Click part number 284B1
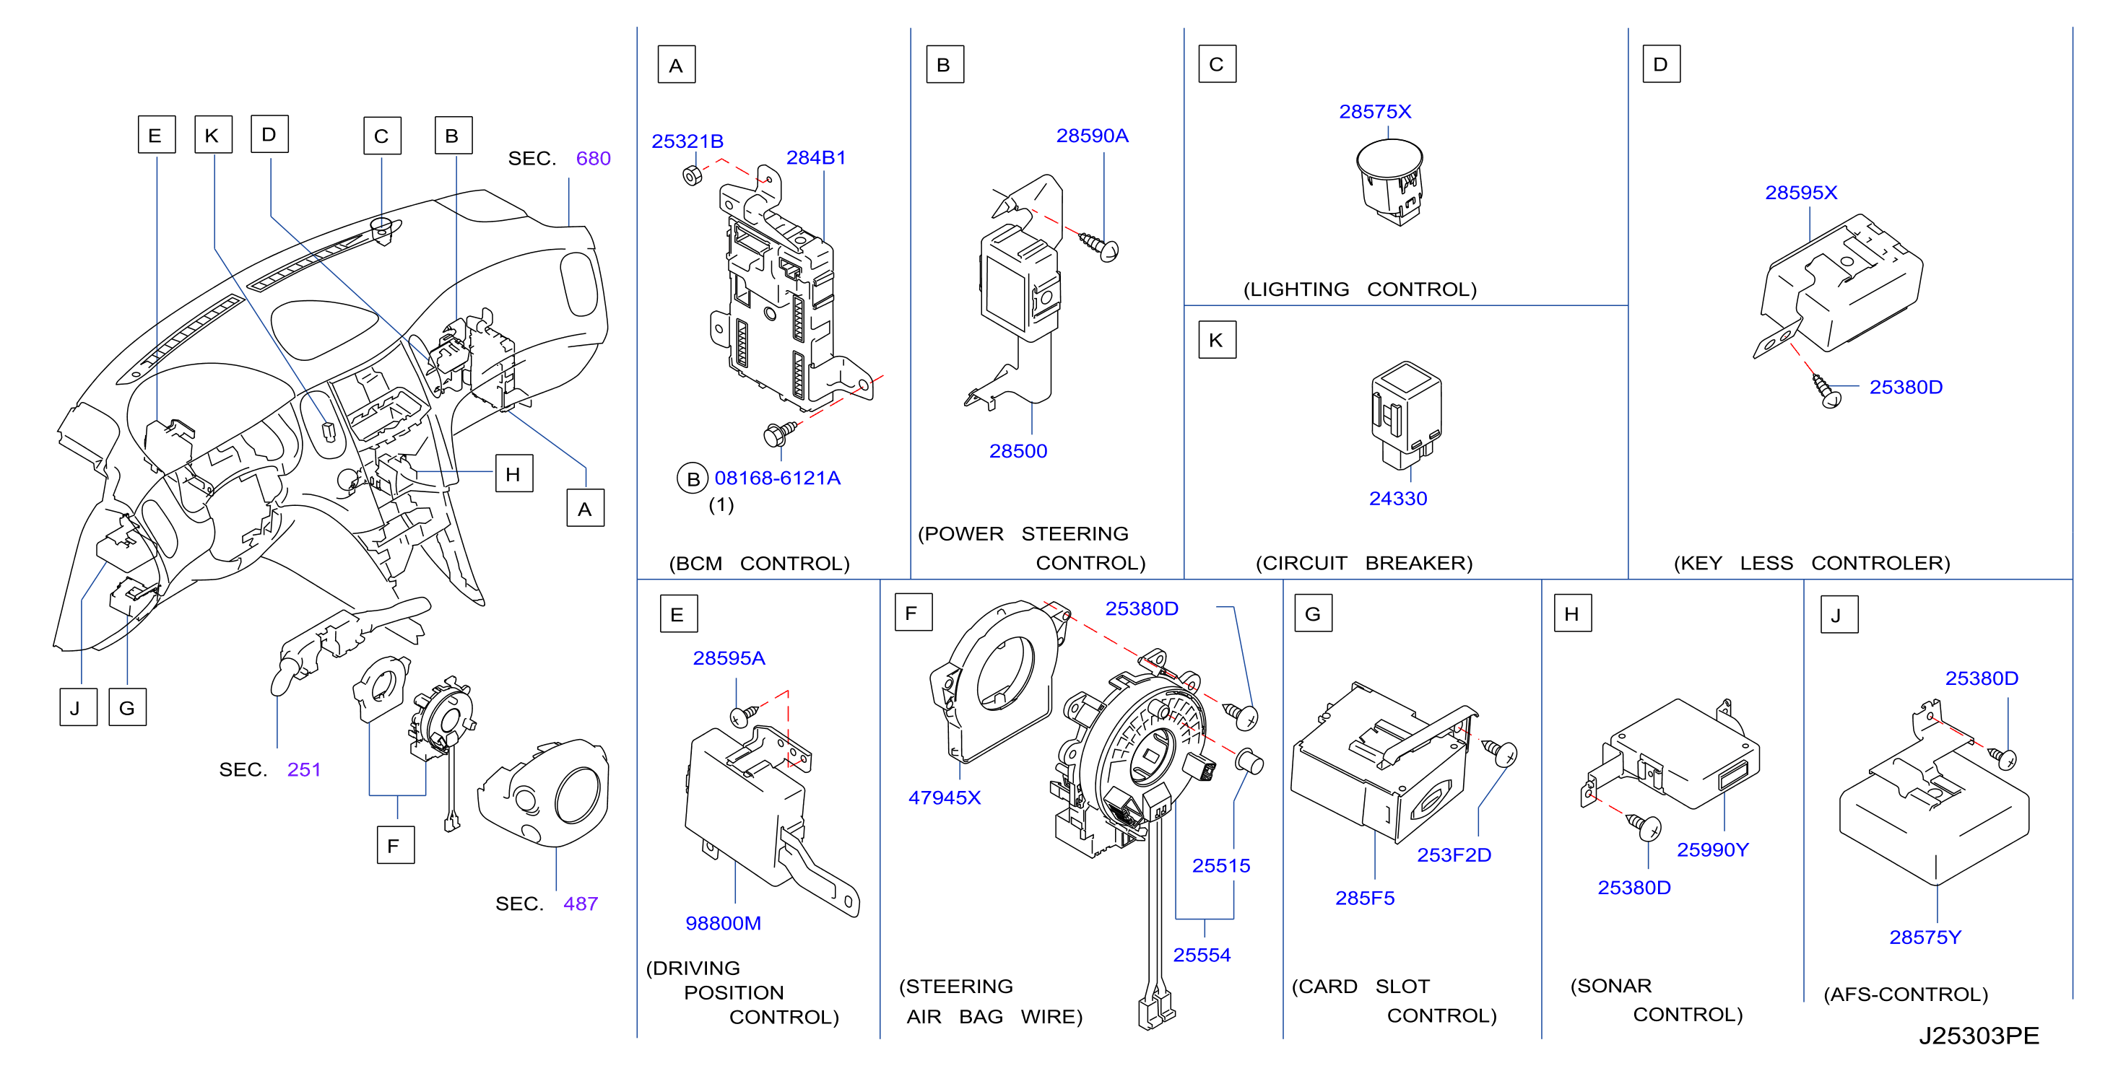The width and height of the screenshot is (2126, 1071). [x=815, y=157]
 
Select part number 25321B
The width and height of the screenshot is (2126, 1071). [x=687, y=141]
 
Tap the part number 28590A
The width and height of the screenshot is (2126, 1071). [x=1092, y=136]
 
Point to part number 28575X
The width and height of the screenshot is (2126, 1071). [x=1375, y=111]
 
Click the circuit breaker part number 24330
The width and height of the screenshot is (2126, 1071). [x=1397, y=499]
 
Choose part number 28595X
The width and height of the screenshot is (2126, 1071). [x=1801, y=192]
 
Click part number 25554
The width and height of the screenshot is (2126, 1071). [x=1202, y=955]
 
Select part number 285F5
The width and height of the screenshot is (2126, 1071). [x=1365, y=898]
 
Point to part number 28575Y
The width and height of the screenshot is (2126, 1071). [x=1925, y=937]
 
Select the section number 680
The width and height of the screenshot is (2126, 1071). [x=593, y=159]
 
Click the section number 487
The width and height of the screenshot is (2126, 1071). [x=580, y=904]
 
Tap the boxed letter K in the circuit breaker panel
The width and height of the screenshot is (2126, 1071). [x=1217, y=340]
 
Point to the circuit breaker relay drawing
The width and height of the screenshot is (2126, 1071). [x=1406, y=415]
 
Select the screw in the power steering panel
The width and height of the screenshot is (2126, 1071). [x=1098, y=246]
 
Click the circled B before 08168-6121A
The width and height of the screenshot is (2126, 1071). [x=693, y=478]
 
